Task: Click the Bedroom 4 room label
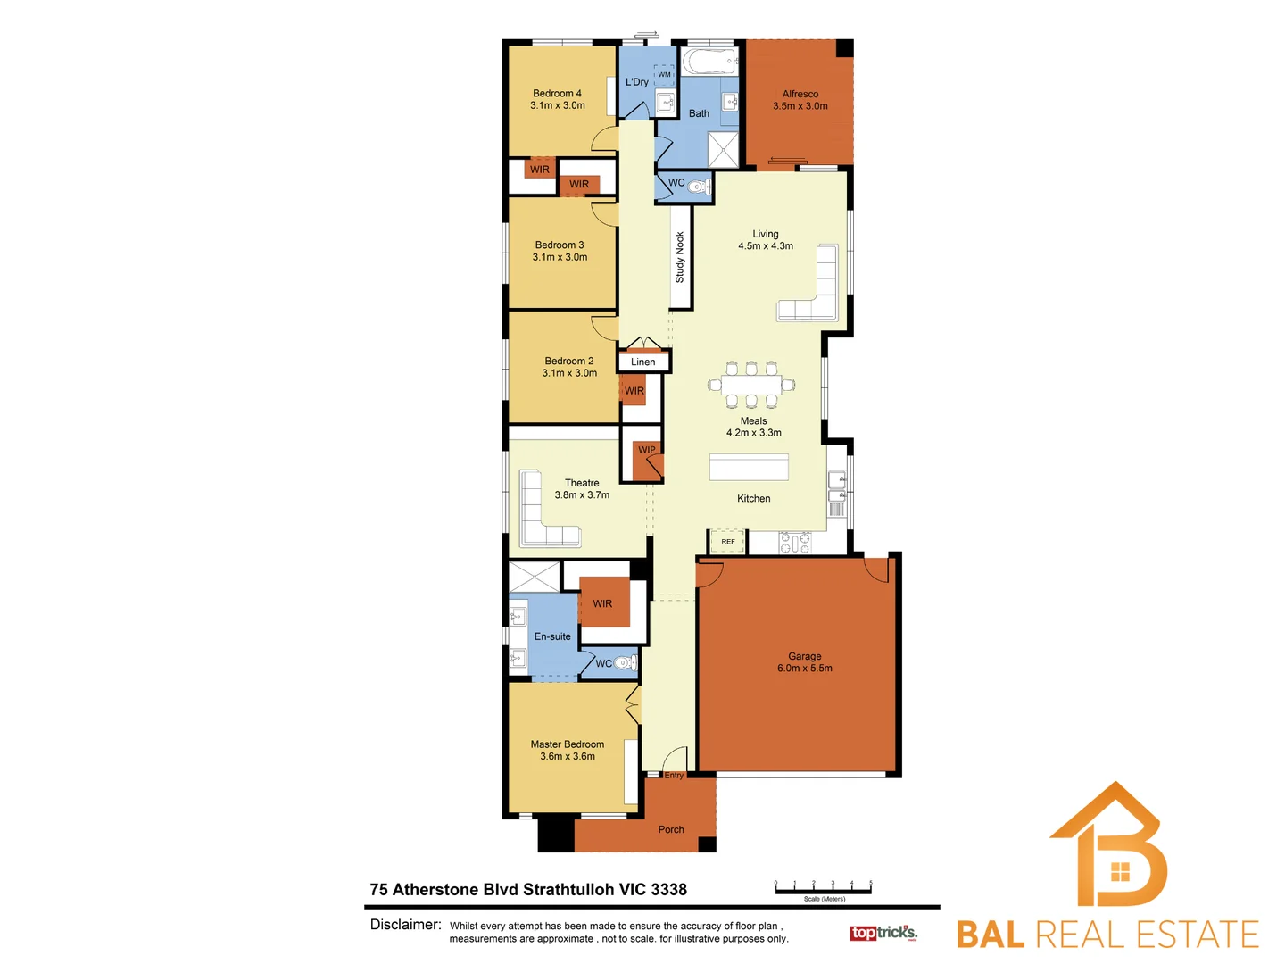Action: click(x=557, y=94)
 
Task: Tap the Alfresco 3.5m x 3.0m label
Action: click(x=800, y=100)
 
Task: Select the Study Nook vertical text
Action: click(x=680, y=258)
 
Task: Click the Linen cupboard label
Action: click(x=642, y=361)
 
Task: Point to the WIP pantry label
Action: click(x=647, y=450)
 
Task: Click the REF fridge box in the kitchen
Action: click(x=728, y=542)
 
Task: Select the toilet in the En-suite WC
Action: click(x=626, y=663)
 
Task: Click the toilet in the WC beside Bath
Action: click(x=699, y=187)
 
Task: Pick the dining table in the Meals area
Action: click(x=751, y=385)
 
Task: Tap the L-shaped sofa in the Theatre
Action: click(x=540, y=518)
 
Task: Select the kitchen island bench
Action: click(x=749, y=468)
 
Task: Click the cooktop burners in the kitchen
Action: click(x=795, y=542)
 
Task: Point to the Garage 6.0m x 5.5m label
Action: click(x=804, y=662)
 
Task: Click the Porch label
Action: click(x=671, y=829)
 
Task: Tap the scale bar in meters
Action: click(x=823, y=889)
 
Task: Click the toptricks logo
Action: click(x=883, y=933)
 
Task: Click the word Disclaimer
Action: click(x=405, y=925)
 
